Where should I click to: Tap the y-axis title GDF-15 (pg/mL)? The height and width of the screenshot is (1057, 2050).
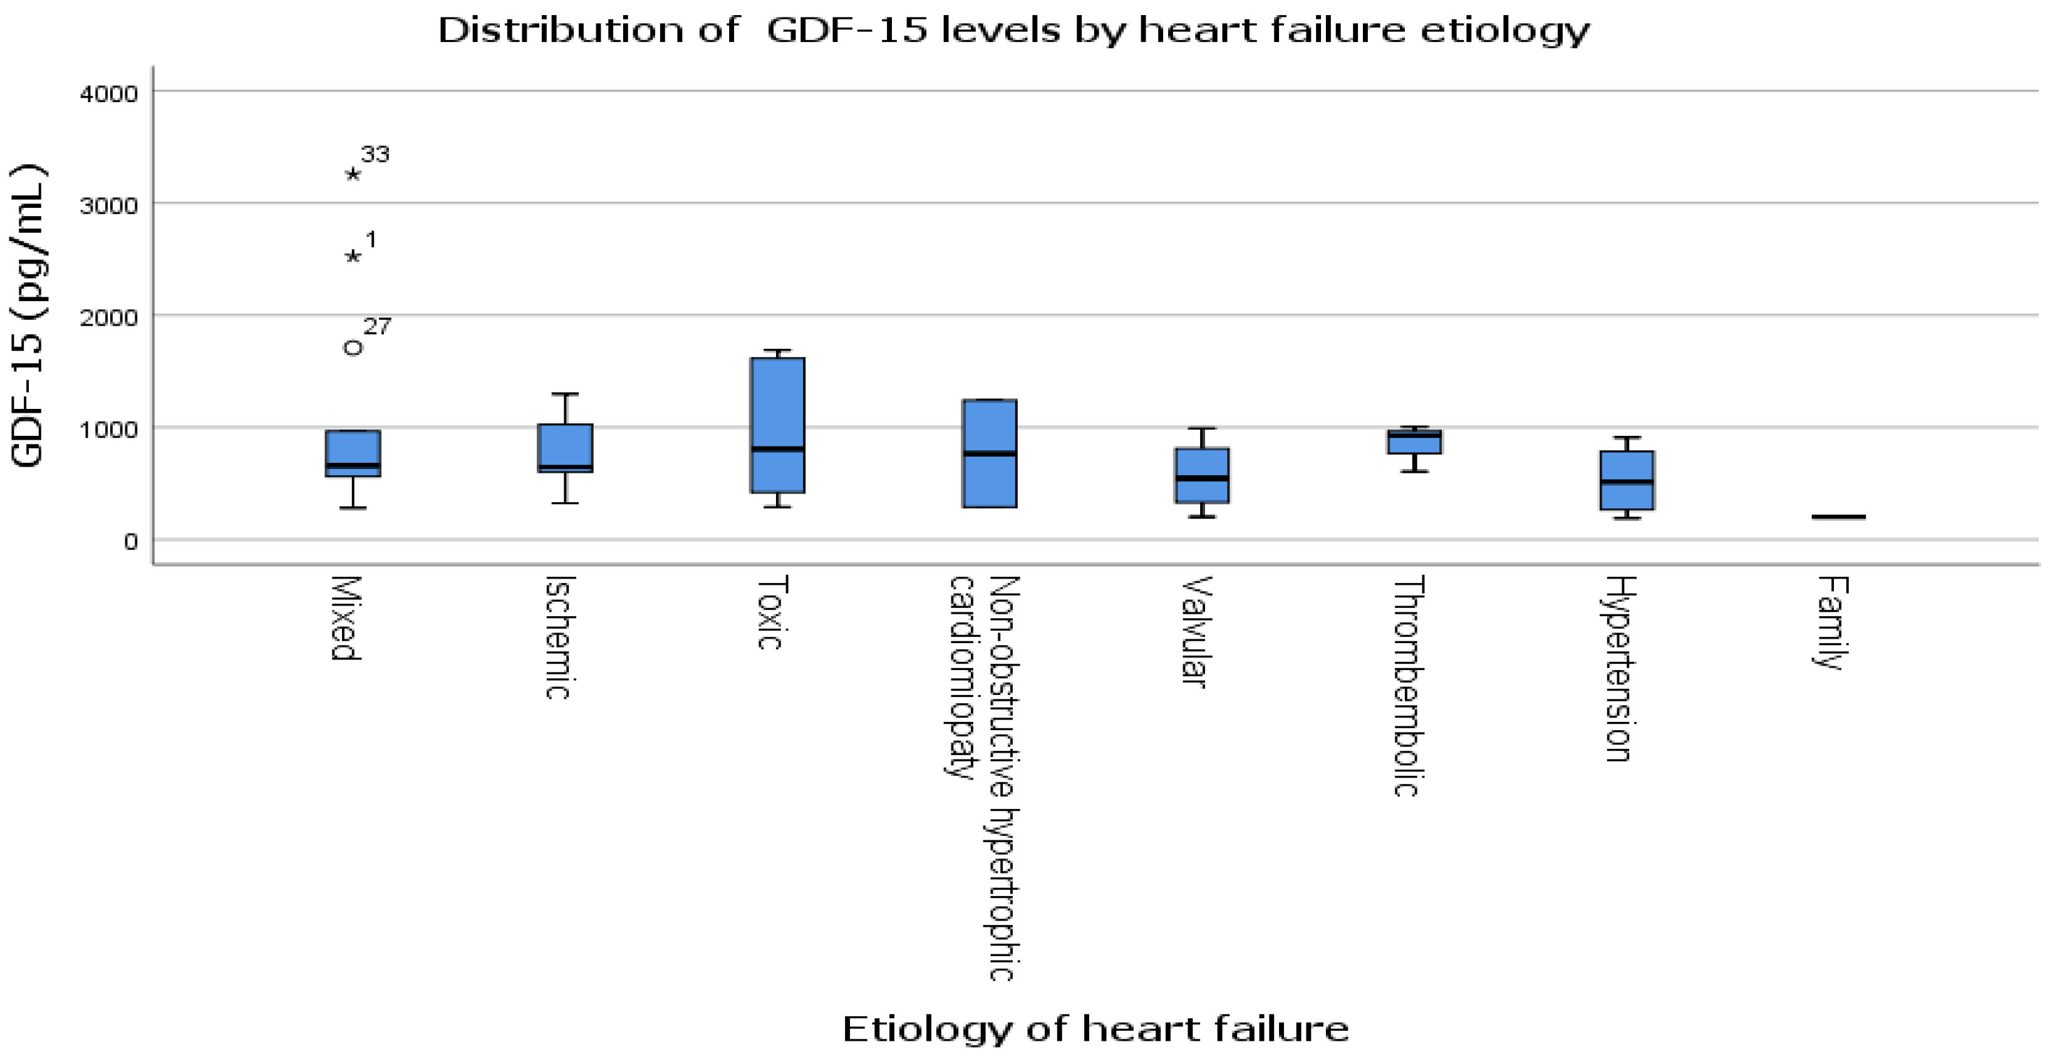28,316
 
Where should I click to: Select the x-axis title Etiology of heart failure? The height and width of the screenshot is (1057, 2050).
1095,1028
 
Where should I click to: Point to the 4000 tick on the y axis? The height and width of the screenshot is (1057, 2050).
109,94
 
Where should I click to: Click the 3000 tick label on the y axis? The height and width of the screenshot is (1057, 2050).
109,205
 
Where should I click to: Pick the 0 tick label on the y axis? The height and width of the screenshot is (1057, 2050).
130,542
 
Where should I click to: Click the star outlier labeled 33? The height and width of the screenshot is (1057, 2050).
353,174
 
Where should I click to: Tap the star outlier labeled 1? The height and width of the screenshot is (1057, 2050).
353,256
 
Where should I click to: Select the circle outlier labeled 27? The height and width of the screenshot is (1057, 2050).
353,348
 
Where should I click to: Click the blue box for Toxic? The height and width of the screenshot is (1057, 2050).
777,426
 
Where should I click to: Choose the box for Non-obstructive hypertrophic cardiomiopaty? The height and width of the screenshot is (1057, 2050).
989,453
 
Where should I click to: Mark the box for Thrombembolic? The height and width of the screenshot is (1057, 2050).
1414,441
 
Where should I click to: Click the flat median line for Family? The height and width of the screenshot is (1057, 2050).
1838,517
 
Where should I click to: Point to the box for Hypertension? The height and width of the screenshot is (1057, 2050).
1627,480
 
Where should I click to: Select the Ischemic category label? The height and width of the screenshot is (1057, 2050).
559,637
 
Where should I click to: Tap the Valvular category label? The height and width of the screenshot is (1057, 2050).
1194,631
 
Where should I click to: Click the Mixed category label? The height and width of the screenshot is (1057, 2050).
346,618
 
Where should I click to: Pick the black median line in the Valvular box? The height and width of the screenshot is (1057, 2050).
1202,478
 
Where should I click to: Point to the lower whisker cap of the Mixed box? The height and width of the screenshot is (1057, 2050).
353,507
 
